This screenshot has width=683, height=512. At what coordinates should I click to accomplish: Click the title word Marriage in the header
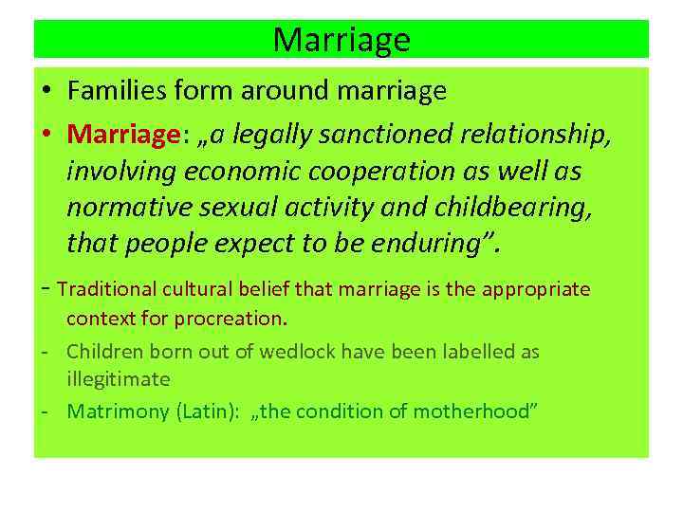point(341,40)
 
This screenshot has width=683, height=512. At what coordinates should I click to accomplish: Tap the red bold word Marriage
point(122,135)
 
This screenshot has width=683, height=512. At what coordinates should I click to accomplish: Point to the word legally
point(257,135)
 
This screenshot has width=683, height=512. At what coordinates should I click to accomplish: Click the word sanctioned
point(384,135)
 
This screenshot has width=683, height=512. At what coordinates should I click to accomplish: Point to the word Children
point(104,352)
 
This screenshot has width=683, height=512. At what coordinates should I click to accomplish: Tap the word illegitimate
point(118,378)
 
